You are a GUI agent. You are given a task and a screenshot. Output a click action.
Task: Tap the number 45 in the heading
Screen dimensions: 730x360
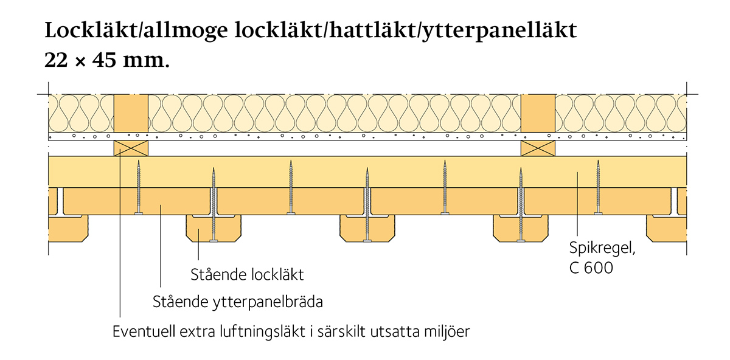[x=104, y=60]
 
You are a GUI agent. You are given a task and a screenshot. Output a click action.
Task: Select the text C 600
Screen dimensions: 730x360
[x=591, y=268]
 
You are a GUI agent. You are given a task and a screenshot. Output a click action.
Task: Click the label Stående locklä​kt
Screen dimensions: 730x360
[x=247, y=275]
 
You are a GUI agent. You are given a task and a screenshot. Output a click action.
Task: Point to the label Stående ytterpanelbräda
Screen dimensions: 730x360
[x=238, y=302]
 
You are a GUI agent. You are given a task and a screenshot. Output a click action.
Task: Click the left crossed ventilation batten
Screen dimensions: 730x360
[x=131, y=148]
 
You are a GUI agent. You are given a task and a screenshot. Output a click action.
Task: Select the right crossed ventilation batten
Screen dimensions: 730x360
[x=538, y=148]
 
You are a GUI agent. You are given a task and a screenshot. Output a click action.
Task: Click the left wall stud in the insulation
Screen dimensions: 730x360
[x=131, y=113]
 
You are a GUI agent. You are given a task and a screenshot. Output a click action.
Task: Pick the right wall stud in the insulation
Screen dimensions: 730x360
[x=538, y=113]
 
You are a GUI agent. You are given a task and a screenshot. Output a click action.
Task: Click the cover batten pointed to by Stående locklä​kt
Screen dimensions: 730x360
[x=214, y=229]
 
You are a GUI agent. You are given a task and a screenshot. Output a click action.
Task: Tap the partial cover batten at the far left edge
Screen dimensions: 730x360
[x=68, y=229]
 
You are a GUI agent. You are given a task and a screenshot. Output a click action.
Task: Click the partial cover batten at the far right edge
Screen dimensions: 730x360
[x=667, y=229]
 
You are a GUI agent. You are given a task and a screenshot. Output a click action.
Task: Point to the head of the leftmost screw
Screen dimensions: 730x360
[x=139, y=213]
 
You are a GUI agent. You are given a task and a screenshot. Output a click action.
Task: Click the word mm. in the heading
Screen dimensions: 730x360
[x=147, y=61]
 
